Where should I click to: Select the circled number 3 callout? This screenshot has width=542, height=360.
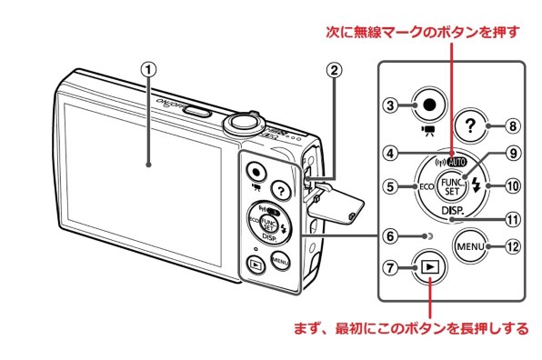387,105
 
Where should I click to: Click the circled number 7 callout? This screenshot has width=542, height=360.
388,271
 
